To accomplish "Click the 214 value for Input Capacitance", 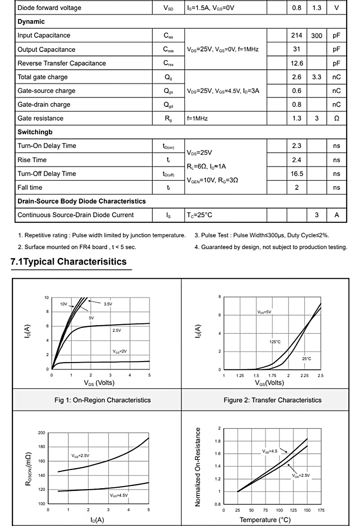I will click(297, 36).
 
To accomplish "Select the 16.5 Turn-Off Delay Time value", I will click(297, 174).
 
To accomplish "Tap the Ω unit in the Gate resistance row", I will click(336, 118).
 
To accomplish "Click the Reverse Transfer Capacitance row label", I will click(62, 63).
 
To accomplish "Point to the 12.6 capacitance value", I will click(297, 63).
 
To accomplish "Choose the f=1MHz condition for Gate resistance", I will click(197, 118).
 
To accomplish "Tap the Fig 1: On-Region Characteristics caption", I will click(103, 400).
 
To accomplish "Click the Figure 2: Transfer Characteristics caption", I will click(273, 400).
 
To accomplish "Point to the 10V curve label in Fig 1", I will click(64, 304).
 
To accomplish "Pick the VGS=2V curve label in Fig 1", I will click(120, 351).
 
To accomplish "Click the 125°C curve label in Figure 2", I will click(275, 341).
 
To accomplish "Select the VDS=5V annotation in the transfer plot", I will click(264, 312).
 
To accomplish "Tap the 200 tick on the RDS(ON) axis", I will click(42, 433).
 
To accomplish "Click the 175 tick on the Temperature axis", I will click(321, 511).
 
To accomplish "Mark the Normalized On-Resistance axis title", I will click(198, 466).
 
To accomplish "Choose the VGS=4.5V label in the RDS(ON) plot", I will click(119, 495).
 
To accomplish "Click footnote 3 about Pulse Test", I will click(262, 235).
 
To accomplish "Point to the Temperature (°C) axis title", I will click(265, 520).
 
